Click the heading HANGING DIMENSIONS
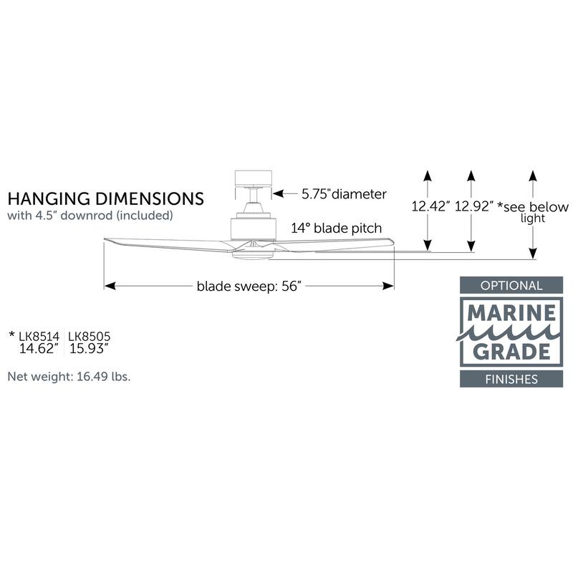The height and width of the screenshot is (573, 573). pyautogui.click(x=105, y=198)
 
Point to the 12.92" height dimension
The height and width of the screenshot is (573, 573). pyautogui.click(x=473, y=207)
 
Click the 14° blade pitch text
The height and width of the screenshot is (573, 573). pyautogui.click(x=336, y=228)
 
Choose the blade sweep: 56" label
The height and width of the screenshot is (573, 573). pyautogui.click(x=248, y=286)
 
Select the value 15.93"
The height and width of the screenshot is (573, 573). pyautogui.click(x=88, y=350)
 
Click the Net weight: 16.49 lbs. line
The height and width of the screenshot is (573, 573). pyautogui.click(x=69, y=375)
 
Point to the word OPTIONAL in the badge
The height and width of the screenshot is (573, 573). pyautogui.click(x=511, y=286)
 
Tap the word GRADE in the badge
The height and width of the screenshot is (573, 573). pyautogui.click(x=511, y=351)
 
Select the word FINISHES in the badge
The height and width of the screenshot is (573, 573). pyautogui.click(x=511, y=379)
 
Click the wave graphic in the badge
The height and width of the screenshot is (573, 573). pyautogui.click(x=511, y=332)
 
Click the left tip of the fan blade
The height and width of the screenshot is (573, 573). pyautogui.click(x=107, y=239)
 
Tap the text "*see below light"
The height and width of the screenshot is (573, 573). pyautogui.click(x=533, y=211)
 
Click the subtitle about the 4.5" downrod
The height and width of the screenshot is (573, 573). pyautogui.click(x=90, y=215)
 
